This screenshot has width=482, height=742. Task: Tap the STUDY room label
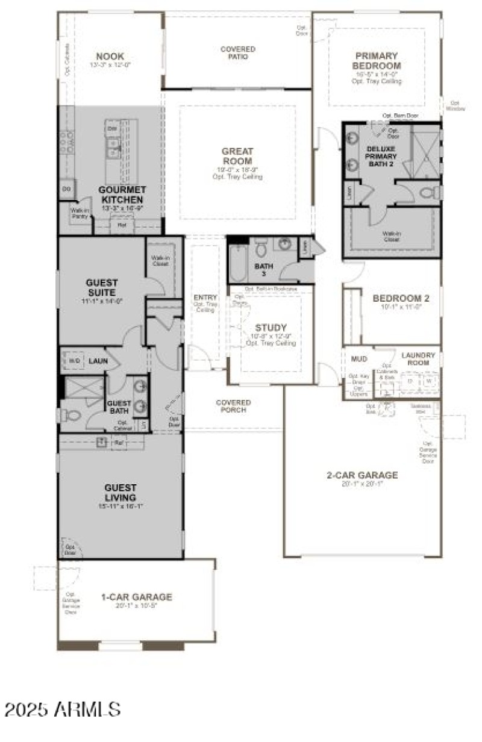271,328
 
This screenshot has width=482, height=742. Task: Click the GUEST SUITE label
102,287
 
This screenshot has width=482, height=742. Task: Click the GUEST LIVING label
120,492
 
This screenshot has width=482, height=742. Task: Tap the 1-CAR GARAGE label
136,597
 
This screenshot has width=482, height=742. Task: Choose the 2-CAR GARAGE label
362,475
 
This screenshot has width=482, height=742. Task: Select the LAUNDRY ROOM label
418,359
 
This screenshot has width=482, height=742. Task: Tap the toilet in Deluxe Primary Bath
430,193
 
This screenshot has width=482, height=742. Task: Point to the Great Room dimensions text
237,171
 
